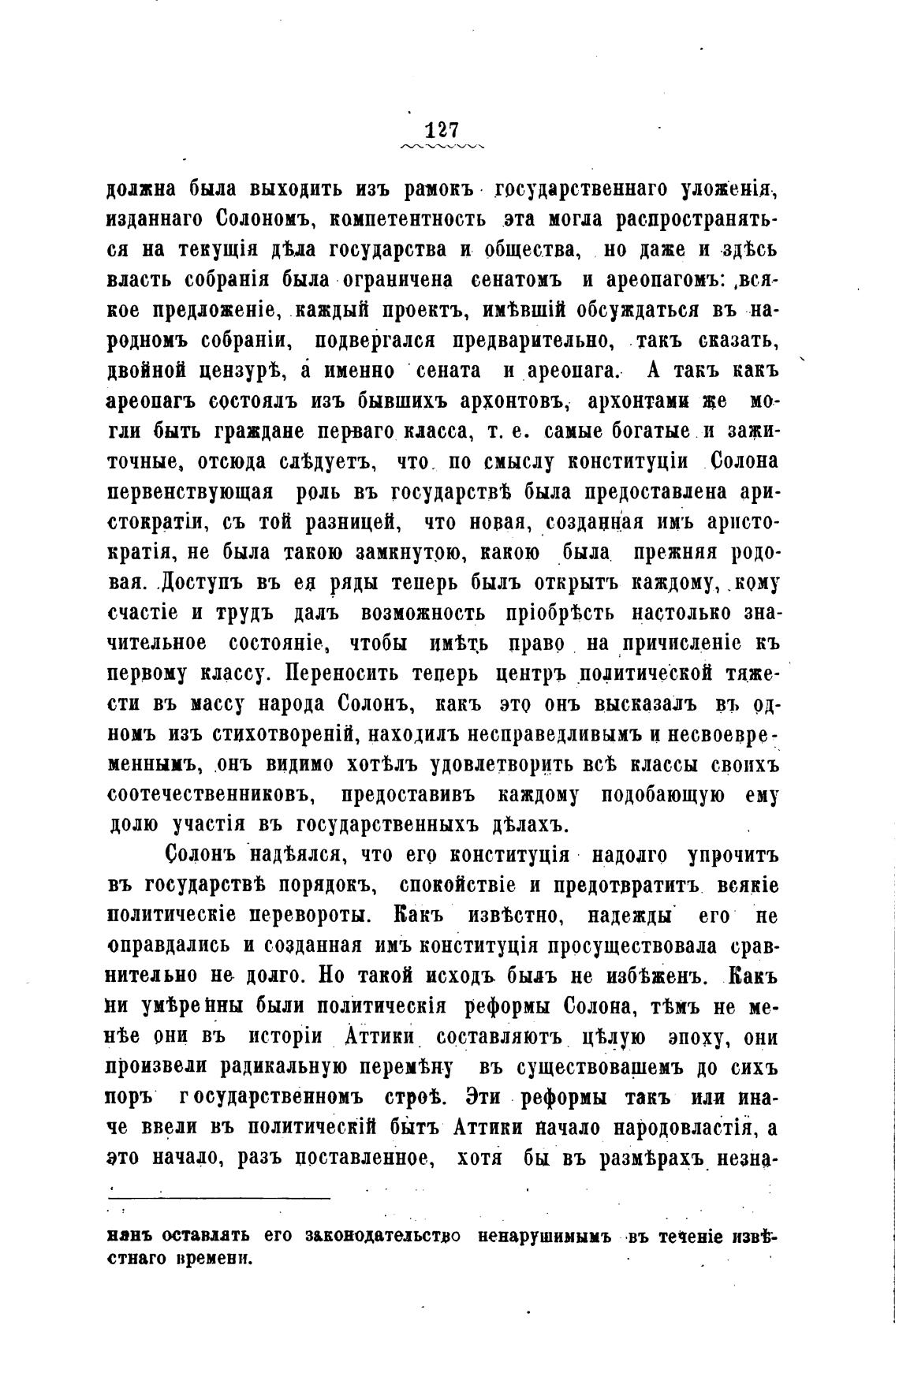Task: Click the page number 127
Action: click(442, 129)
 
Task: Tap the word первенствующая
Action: click(190, 491)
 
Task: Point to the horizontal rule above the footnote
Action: click(217, 1200)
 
